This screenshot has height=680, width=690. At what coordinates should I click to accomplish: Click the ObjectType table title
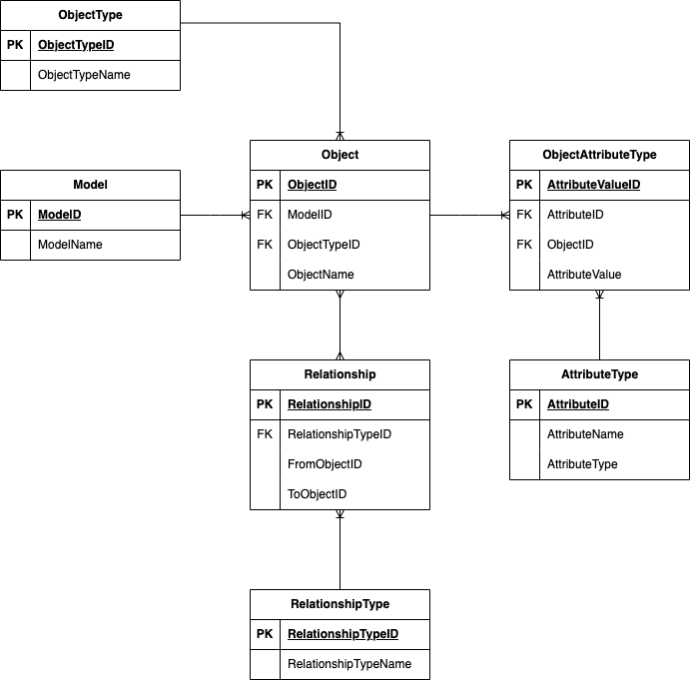point(90,15)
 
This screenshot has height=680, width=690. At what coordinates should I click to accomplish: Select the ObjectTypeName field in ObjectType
point(84,75)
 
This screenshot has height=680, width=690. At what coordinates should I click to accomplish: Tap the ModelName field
point(70,245)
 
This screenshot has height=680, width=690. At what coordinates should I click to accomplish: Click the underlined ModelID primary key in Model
point(59,215)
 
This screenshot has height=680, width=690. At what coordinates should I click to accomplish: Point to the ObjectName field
point(321,275)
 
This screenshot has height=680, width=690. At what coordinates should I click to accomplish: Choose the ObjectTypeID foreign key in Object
point(324,245)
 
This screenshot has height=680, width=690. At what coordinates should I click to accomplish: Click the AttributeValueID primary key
point(593,185)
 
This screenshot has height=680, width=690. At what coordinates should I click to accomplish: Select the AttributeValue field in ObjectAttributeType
point(584,275)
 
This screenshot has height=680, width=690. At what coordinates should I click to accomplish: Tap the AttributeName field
point(585,434)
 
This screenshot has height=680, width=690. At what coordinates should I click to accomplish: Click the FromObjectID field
point(325,464)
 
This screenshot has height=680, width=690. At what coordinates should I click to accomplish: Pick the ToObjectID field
point(317,494)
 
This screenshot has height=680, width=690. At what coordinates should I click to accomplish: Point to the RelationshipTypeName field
point(349,664)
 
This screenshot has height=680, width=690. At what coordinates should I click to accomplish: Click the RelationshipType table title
point(341,604)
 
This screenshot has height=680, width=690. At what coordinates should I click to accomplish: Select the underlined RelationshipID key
point(330,404)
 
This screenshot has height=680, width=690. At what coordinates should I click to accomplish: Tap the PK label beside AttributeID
point(524,404)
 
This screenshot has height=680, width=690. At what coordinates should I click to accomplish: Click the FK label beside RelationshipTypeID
point(265,434)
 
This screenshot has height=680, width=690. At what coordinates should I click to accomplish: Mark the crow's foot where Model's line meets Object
point(246,216)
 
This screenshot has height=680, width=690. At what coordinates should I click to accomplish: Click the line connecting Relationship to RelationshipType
point(340,550)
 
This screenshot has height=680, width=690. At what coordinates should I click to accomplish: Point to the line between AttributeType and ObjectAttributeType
point(599,325)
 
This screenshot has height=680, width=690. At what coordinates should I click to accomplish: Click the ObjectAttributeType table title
point(599,155)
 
